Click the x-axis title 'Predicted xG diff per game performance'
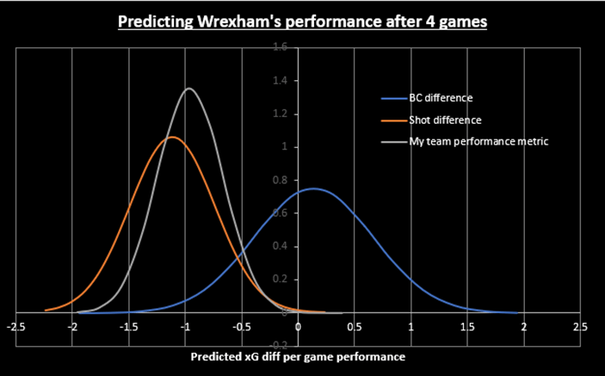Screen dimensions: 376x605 tap(297, 354)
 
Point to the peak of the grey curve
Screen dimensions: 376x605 tap(188, 88)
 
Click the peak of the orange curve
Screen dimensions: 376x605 tap(173, 137)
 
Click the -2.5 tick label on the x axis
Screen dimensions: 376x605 tap(15, 327)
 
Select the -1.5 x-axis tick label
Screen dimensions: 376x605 tap(127, 327)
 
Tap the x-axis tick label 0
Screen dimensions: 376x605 tap(298, 327)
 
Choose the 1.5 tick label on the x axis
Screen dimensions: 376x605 tap(466, 327)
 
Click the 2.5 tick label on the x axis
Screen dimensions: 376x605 tap(579, 327)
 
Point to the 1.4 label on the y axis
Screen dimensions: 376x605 tap(303, 81)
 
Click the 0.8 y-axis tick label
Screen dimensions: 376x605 tap(303, 180)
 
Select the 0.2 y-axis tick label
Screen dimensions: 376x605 tap(303, 280)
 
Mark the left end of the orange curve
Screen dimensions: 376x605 tap(46, 310)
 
